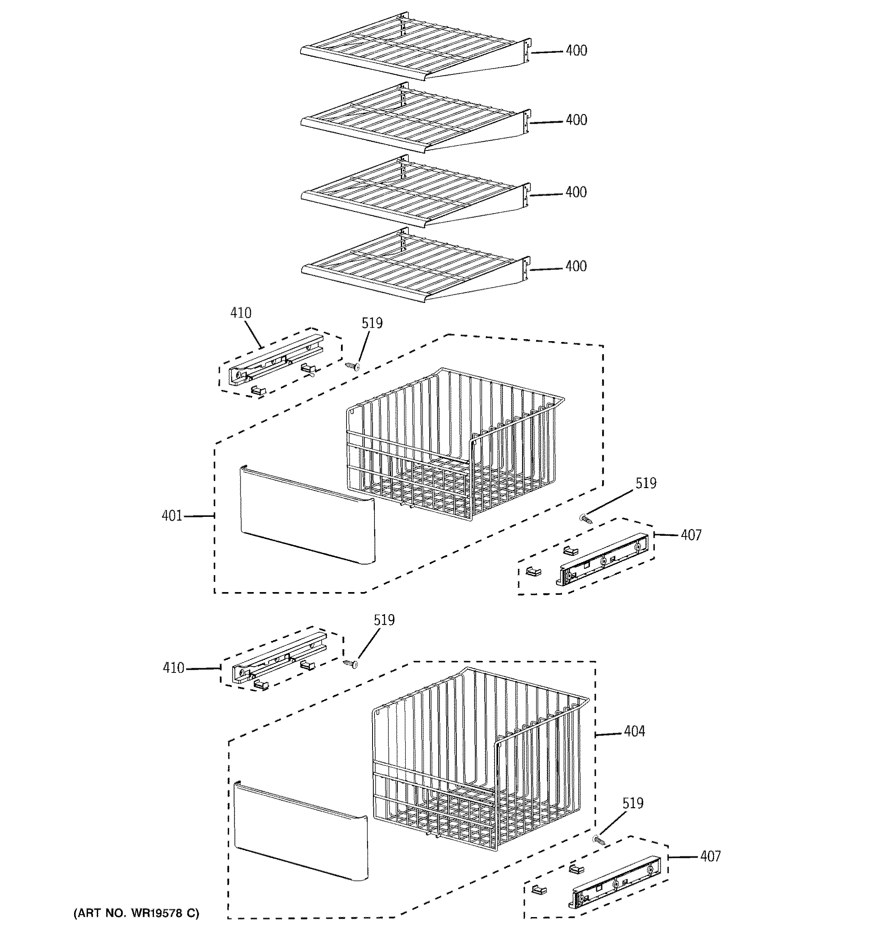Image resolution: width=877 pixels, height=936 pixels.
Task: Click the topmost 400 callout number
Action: pos(576,50)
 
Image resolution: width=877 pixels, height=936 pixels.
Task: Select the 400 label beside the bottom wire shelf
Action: pos(576,266)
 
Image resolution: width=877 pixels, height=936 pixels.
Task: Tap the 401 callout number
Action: pos(172,516)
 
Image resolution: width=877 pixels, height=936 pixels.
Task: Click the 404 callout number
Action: pos(634,731)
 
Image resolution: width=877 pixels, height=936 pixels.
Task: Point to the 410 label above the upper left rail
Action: pos(241,313)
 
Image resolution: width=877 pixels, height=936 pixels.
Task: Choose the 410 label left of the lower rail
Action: pos(173,668)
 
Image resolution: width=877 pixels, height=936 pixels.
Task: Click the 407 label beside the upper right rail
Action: pos(691,535)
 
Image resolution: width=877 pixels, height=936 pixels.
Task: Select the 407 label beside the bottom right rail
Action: pos(710,856)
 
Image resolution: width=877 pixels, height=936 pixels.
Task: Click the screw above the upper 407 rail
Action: pos(585,518)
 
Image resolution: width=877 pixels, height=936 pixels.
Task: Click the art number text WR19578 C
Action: pos(136,914)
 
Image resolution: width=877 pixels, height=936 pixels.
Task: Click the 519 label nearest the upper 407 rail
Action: pos(645,483)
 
